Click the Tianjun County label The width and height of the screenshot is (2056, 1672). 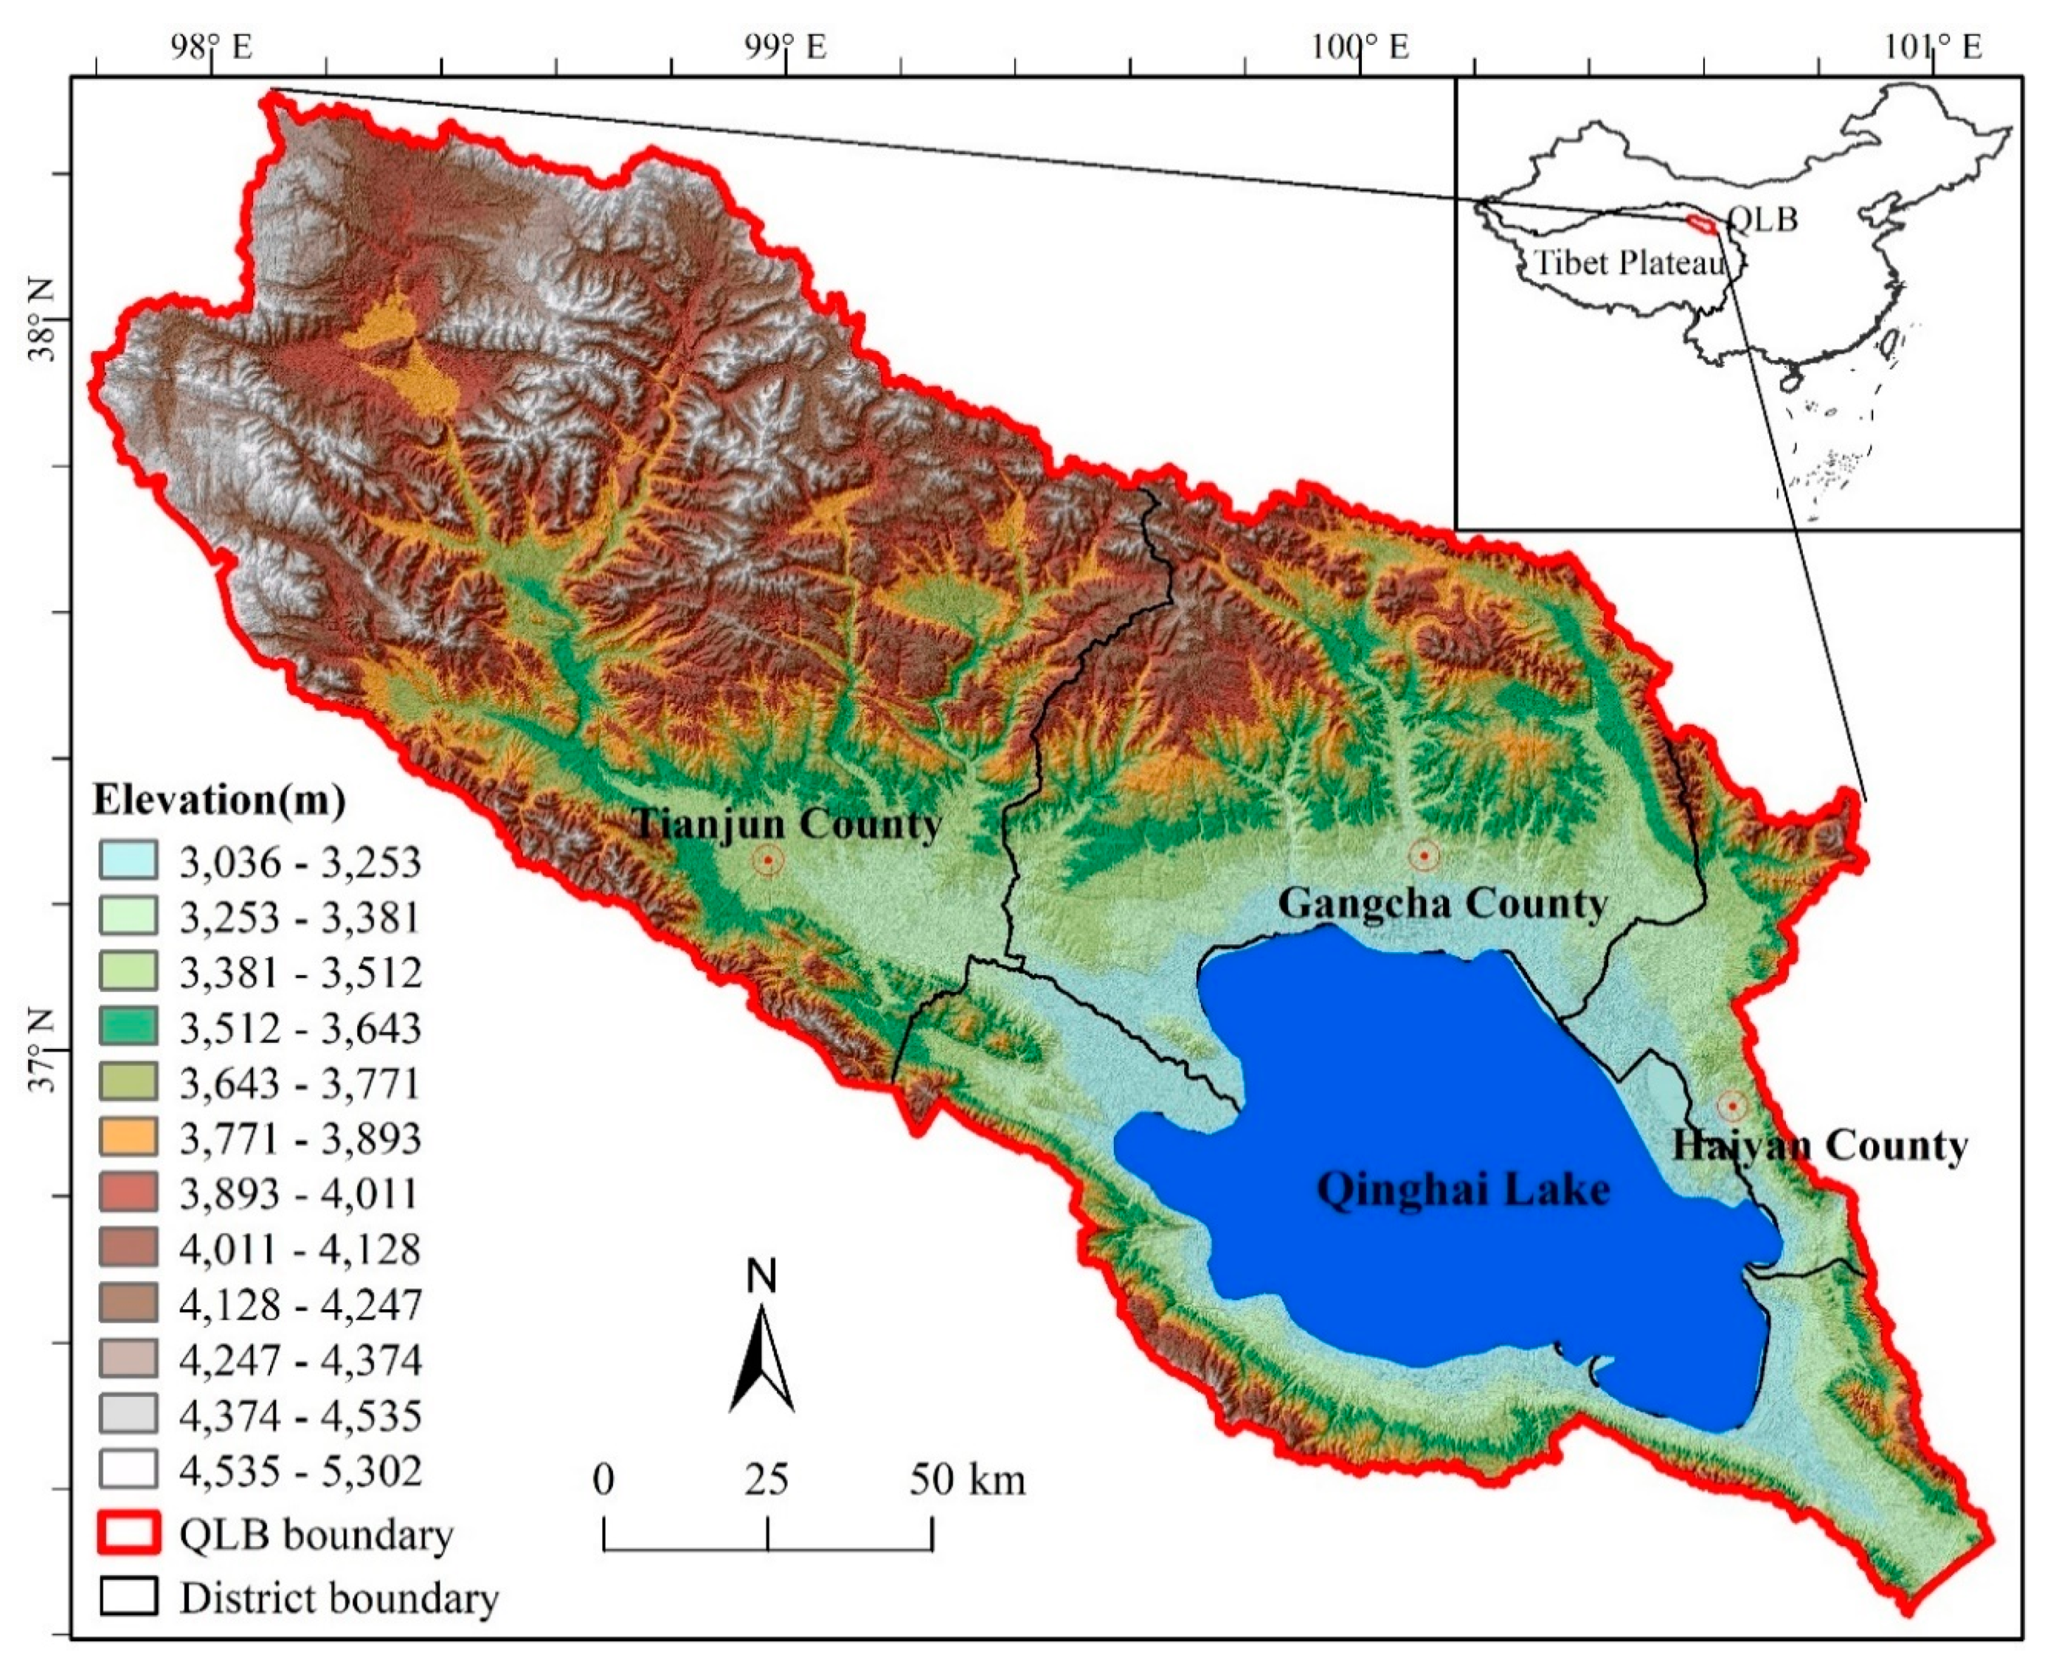point(786,825)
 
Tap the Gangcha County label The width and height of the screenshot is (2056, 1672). point(1441,903)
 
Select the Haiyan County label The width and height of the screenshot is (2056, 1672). point(1819,1146)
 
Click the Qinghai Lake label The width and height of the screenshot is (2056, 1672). point(1463,1190)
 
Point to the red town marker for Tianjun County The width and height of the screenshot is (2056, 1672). point(768,859)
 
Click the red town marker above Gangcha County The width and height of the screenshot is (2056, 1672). point(1423,854)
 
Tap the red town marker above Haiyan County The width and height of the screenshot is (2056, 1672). point(1731,1106)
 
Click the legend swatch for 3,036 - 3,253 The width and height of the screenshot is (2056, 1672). point(128,860)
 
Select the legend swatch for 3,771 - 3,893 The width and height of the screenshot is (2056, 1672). point(128,1138)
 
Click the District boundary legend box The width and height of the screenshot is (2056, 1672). point(128,1598)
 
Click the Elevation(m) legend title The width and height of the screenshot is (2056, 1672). point(219,799)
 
